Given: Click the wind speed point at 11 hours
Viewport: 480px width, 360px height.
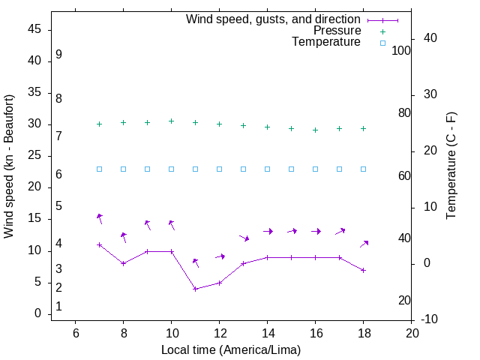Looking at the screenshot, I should [195, 289].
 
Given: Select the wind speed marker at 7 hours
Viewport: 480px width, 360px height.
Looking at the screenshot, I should [99, 244].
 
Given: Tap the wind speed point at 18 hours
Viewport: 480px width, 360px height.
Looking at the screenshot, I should [363, 270].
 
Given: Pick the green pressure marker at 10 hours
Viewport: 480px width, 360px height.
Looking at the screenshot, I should [171, 121].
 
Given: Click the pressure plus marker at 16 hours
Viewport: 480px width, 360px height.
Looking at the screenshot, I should [315, 130].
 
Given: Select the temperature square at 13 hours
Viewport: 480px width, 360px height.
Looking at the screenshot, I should [243, 169].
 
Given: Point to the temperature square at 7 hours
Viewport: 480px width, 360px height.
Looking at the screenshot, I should [99, 169].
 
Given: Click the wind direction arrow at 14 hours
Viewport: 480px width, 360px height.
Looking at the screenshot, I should [268, 231].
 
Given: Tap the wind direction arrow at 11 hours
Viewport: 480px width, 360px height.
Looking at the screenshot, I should [196, 262].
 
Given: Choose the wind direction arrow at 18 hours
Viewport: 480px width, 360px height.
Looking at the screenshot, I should [364, 243].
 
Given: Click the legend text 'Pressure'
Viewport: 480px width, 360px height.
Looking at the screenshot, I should [337, 31].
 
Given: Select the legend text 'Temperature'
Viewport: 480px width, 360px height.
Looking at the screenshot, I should [326, 42].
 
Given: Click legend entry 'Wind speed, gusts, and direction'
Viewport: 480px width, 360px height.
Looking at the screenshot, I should [274, 19].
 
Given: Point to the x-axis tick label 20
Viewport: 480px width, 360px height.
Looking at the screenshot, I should [411, 334].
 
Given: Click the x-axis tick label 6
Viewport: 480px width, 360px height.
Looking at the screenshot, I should [75, 334].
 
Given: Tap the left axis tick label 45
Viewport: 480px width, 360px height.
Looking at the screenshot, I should [35, 30].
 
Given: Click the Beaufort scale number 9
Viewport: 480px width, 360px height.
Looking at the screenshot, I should [58, 55].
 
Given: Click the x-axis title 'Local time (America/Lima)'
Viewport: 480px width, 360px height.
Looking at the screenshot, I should [231, 349].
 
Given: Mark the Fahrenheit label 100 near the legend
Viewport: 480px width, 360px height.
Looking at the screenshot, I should [401, 51].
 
